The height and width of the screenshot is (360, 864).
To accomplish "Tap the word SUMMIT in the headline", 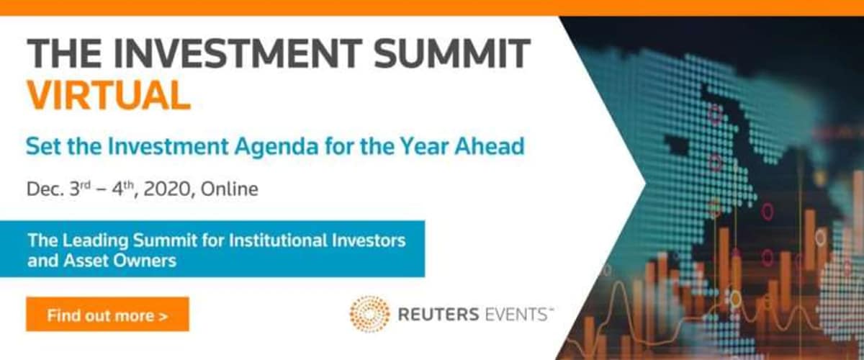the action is coord(451,53).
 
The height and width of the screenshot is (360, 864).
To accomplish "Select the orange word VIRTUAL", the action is coord(109,95).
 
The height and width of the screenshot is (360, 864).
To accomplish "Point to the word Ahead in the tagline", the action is coord(490,146).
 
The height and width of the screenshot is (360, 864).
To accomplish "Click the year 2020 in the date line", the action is coord(167,189).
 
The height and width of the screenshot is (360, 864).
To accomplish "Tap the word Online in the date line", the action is coord(230,189).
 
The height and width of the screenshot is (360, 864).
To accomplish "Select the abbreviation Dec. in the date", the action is coord(45,189).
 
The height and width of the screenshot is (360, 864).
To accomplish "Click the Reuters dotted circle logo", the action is coord(369,314).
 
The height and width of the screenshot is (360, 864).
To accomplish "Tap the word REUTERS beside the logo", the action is coord(438,315).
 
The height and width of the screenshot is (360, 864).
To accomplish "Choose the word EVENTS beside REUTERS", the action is coord(516,315).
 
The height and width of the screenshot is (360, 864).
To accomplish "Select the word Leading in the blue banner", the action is coord(95,241).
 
